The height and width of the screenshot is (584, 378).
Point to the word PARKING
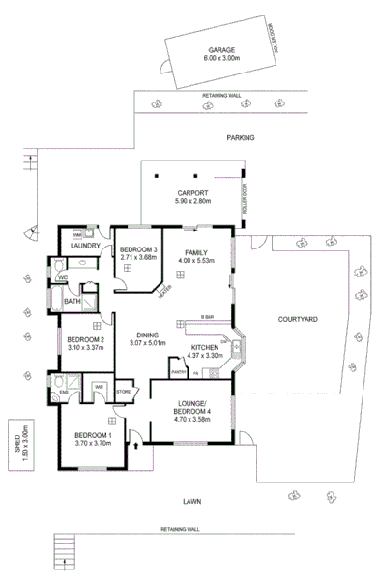[x=241, y=137]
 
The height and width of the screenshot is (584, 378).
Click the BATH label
[x=73, y=302]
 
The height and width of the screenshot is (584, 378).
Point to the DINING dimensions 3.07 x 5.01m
[x=148, y=342]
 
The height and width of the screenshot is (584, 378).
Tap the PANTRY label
[x=178, y=372]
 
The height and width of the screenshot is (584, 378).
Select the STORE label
[x=123, y=392]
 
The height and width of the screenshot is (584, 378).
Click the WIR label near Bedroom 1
[x=99, y=388]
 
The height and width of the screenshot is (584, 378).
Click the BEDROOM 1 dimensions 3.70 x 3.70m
[x=94, y=442]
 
